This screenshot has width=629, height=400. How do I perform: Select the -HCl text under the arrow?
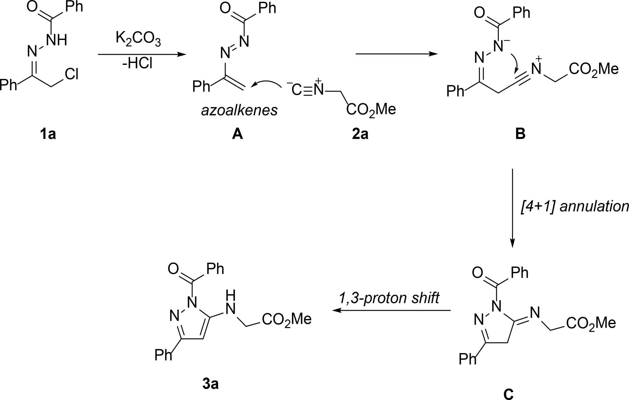[x=137, y=64]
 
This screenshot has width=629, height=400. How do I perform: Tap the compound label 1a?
[x=48, y=134]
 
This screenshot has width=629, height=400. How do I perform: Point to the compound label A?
[x=237, y=134]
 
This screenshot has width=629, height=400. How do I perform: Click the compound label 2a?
[x=360, y=134]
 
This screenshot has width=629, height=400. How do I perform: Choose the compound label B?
[x=520, y=134]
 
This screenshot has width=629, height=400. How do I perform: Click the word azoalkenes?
[x=239, y=110]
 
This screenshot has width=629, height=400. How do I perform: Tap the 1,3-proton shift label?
[x=389, y=298]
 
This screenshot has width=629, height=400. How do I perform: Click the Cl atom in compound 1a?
[x=72, y=74]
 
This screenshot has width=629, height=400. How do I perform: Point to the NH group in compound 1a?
[x=57, y=40]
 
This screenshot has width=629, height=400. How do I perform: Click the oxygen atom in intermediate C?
[x=477, y=273]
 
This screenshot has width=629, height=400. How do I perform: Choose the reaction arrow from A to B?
[x=396, y=54]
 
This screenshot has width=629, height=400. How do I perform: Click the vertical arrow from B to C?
[x=512, y=208]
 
